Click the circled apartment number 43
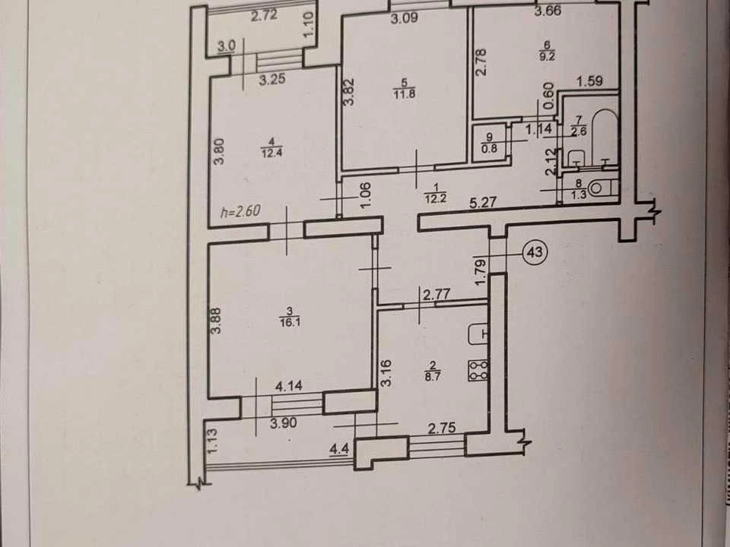pos(535,252)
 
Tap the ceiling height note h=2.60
pos(241,212)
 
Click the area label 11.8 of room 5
pos(404,93)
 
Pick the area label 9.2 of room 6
pos(547,57)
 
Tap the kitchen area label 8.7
pos(433,377)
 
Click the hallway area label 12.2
pos(435,199)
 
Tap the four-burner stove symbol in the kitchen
pos(478,370)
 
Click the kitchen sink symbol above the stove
pos(478,334)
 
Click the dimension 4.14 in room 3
pos(289,386)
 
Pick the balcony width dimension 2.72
pos(264,16)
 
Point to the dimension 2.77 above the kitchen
pos(436,295)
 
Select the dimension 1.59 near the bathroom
pos(590,81)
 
